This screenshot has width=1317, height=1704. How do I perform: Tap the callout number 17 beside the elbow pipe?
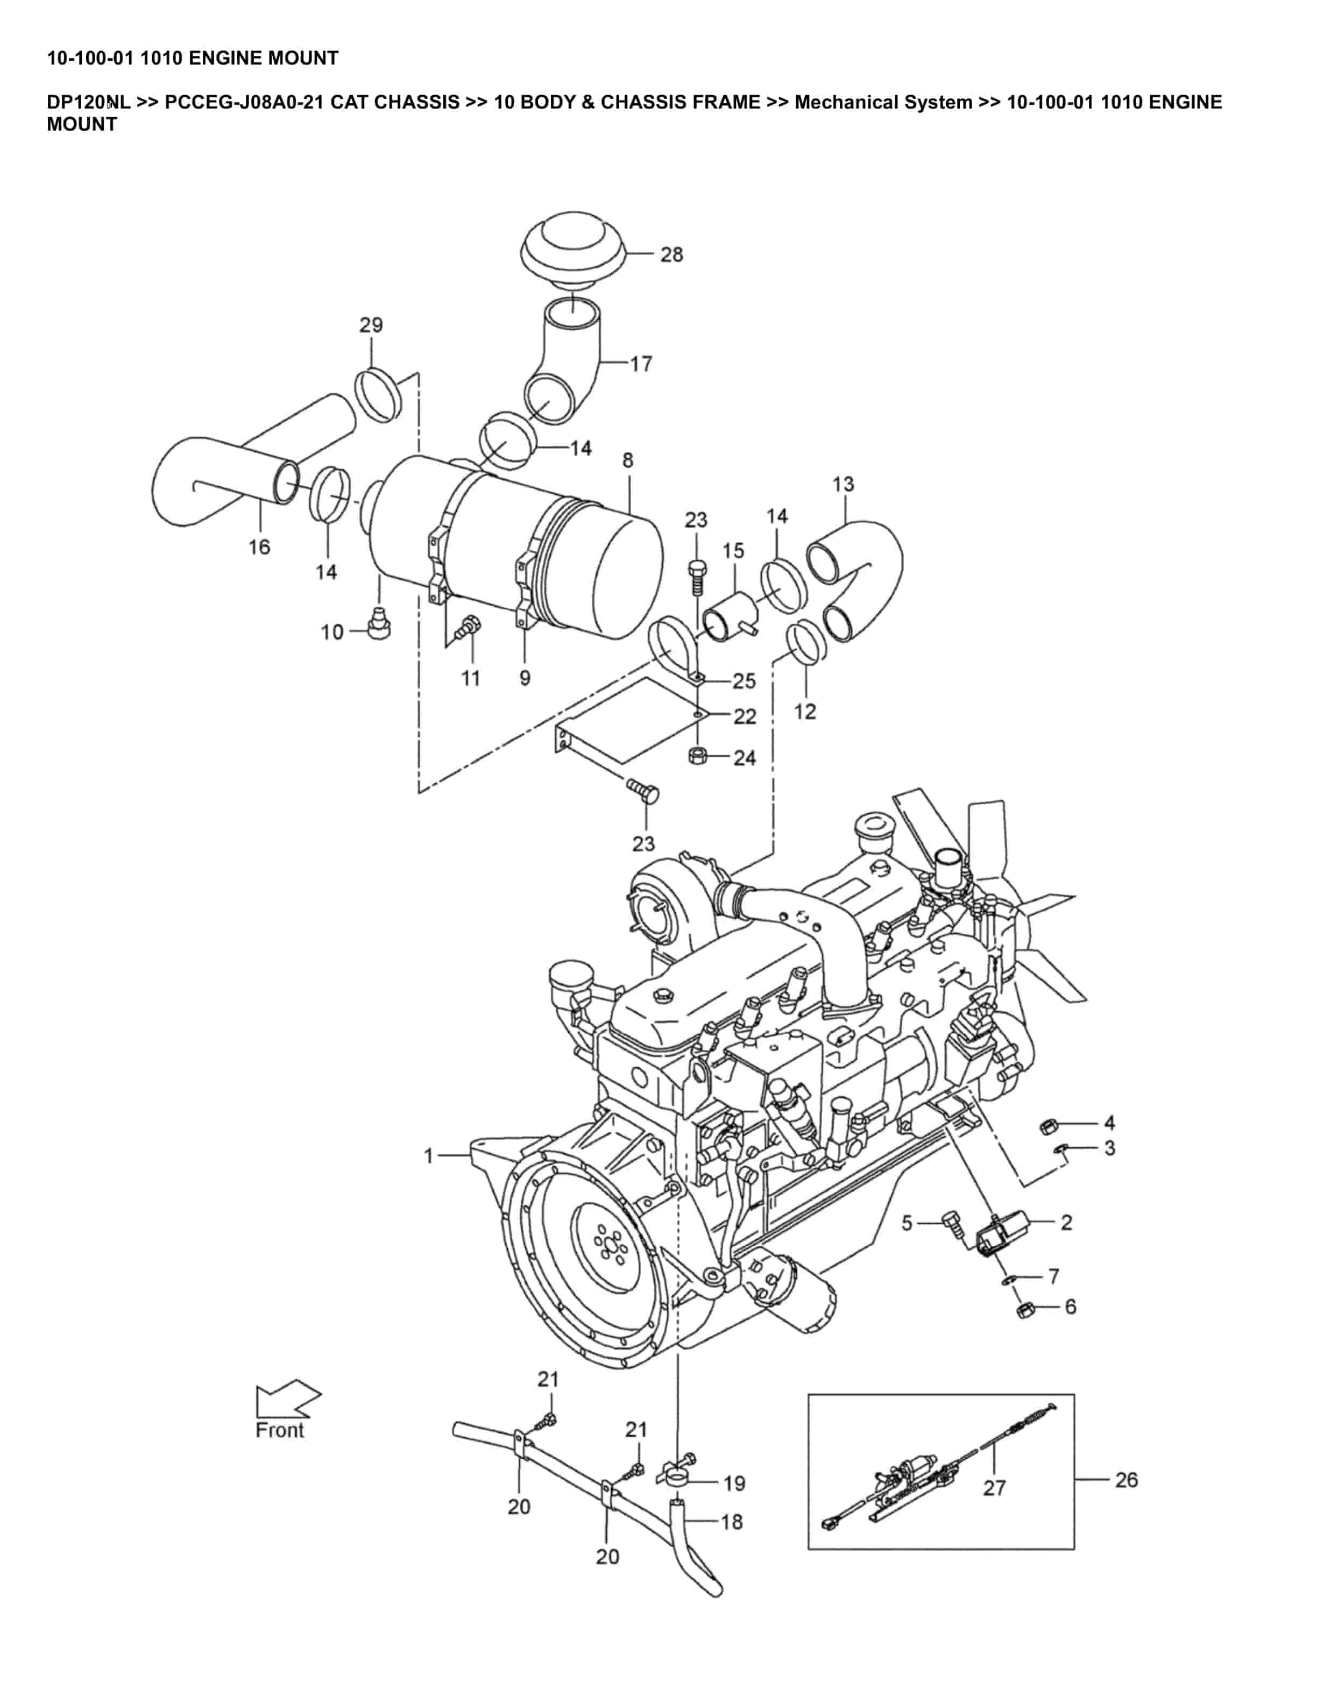pyautogui.click(x=641, y=364)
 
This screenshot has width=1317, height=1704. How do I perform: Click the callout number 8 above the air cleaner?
pyautogui.click(x=628, y=460)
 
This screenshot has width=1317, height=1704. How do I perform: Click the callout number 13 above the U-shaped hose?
pyautogui.click(x=844, y=485)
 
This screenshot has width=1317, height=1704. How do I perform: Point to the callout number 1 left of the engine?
pyautogui.click(x=428, y=1155)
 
